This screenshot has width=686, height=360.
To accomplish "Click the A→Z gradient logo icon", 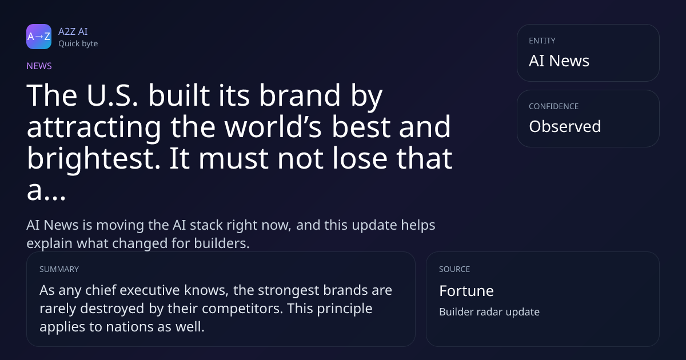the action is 39,37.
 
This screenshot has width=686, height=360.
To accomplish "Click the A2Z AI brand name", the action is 73,31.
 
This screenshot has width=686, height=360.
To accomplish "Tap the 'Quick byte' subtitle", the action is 78,44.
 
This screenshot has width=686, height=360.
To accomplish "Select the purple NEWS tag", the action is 39,66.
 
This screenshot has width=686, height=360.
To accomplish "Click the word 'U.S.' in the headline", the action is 112,95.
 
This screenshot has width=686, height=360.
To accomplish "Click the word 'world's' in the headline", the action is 273,126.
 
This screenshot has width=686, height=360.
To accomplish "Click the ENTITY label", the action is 542,41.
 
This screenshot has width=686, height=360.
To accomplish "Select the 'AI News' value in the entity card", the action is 559,61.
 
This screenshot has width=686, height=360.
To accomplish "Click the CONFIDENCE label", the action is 554,106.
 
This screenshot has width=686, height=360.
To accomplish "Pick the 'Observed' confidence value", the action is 565,126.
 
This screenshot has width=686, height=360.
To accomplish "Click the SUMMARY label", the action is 59,269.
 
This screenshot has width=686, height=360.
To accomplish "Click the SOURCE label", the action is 454,269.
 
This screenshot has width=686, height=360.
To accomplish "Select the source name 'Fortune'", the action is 466,291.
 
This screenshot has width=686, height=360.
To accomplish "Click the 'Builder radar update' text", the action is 489,312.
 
